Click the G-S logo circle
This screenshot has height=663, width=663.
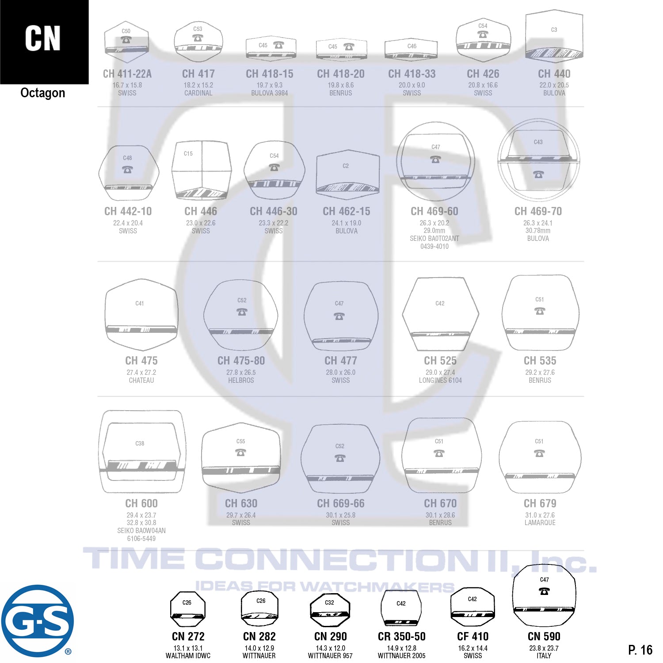[37, 621]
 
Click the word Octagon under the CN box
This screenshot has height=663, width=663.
[43, 93]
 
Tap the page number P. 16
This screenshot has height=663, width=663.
[640, 650]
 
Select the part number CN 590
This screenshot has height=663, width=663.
[544, 636]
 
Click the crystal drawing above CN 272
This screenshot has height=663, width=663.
[188, 609]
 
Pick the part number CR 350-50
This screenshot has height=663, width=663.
[401, 636]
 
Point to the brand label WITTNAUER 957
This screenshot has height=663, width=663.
[330, 656]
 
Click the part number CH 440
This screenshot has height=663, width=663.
[554, 74]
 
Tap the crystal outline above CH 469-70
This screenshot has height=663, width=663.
[538, 160]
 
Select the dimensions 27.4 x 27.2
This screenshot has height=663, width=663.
[141, 373]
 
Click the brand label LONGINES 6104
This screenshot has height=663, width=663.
[440, 380]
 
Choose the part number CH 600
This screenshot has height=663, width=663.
[141, 503]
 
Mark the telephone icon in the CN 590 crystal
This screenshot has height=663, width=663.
[544, 591]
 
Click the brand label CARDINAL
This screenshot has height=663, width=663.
[198, 93]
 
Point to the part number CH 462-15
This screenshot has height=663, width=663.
[347, 211]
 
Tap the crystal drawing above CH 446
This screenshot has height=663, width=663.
[201, 170]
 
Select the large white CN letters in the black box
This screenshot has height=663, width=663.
[43, 38]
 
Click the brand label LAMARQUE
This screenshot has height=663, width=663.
[540, 522]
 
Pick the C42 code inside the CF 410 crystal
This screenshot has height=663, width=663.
[472, 599]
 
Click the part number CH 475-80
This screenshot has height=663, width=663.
[241, 361]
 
